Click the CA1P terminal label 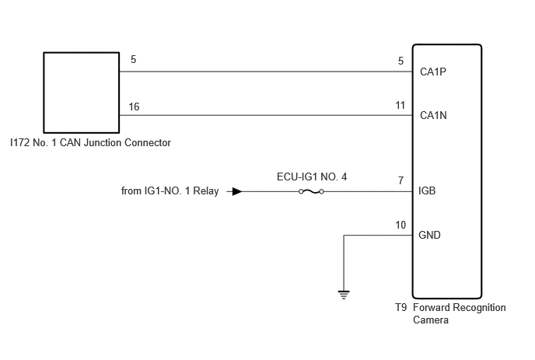(x=433, y=72)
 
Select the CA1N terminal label (x=433, y=115)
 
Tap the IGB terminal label (x=427, y=190)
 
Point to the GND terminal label (x=429, y=235)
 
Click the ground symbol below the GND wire (x=344, y=295)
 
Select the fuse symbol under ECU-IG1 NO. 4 (x=311, y=191)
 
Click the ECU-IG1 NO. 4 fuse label (x=312, y=177)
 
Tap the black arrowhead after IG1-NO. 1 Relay (x=237, y=191)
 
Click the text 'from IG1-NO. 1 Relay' (x=170, y=190)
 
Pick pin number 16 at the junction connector (x=134, y=107)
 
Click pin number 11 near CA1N (x=400, y=106)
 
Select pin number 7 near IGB (x=401, y=180)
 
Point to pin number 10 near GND (x=400, y=225)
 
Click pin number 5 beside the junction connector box (x=134, y=59)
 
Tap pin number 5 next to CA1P (x=401, y=61)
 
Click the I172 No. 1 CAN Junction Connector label (x=90, y=142)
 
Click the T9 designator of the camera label (x=401, y=307)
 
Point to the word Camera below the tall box (x=431, y=320)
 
